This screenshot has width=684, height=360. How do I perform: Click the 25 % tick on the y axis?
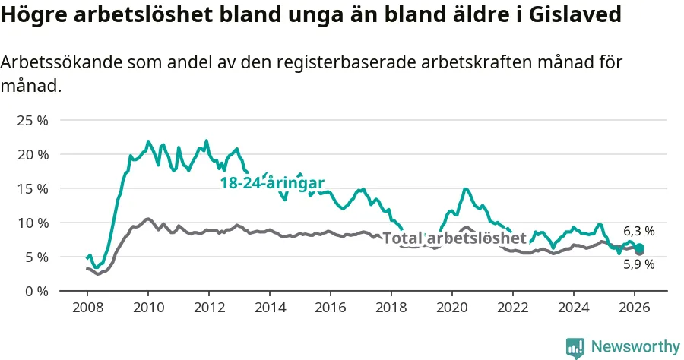coord(33,120)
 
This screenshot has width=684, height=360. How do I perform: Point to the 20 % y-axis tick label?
coord(33,154)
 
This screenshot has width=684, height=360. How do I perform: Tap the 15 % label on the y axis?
coord(33,188)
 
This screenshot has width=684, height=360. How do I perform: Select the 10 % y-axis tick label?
coord(33,223)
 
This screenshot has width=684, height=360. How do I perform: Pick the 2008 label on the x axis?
coord(87,309)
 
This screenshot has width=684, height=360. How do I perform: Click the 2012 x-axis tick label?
coord(208,309)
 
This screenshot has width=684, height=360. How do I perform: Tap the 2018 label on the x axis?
coord(391,309)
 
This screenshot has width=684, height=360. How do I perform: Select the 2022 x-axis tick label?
coord(513,309)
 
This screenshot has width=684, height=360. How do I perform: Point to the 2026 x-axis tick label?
coord(635,309)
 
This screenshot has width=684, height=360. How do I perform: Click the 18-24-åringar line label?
coord(272,183)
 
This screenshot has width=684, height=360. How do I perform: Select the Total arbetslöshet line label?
coord(454,238)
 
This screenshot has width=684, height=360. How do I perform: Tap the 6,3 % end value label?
coord(638,232)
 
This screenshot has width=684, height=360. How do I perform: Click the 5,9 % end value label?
coord(638,264)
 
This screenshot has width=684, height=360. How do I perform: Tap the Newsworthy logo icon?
coord(575,347)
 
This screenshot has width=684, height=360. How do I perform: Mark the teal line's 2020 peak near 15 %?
coord(465,189)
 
